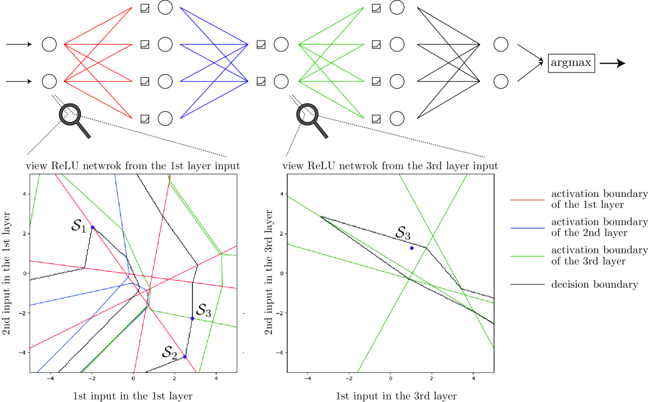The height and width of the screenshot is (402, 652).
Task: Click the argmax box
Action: (x=572, y=62)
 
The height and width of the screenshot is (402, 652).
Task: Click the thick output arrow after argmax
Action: (x=612, y=63)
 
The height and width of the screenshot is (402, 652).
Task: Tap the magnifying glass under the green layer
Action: (x=308, y=117)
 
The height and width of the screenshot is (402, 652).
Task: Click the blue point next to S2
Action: (x=185, y=357)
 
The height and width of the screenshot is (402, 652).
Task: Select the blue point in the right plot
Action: (x=412, y=248)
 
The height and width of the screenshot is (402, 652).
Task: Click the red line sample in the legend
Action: (x=527, y=199)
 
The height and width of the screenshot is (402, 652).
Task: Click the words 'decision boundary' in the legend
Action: (x=594, y=284)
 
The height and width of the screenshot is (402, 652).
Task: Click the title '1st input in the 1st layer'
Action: (x=133, y=396)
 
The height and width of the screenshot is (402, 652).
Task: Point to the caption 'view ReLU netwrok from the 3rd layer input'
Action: (x=390, y=165)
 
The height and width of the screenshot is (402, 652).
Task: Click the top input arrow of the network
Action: (x=21, y=44)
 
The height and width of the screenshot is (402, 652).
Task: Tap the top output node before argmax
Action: (x=500, y=44)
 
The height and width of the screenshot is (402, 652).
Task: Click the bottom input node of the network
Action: (x=50, y=81)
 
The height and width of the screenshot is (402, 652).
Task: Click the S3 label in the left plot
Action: (x=203, y=311)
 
